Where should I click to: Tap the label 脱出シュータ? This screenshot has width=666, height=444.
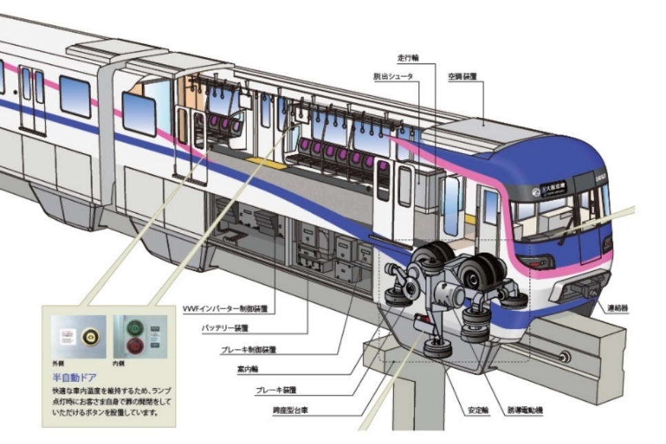click(x=395, y=76)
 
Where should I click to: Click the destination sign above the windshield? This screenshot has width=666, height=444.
click(x=552, y=186)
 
